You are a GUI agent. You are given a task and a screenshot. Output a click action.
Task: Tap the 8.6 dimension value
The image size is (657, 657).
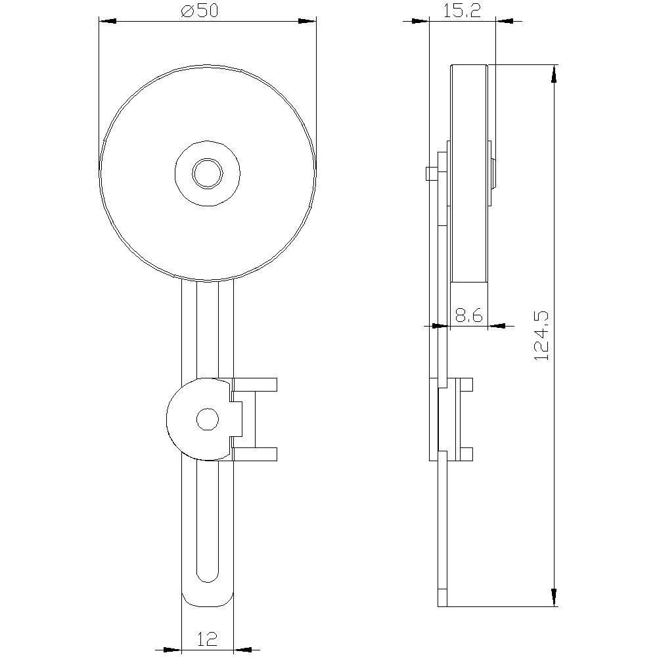[469, 315]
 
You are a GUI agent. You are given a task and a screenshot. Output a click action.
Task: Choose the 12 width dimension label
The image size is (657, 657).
[207, 639]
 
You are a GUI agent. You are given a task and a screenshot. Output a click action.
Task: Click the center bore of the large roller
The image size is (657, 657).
[208, 173]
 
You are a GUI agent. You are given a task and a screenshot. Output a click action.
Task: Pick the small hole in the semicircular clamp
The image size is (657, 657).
[208, 419]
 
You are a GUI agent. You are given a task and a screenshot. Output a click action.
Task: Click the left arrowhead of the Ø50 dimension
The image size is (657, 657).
[108, 20]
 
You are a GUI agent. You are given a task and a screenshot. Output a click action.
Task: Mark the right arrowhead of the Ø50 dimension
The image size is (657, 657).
[307, 20]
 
